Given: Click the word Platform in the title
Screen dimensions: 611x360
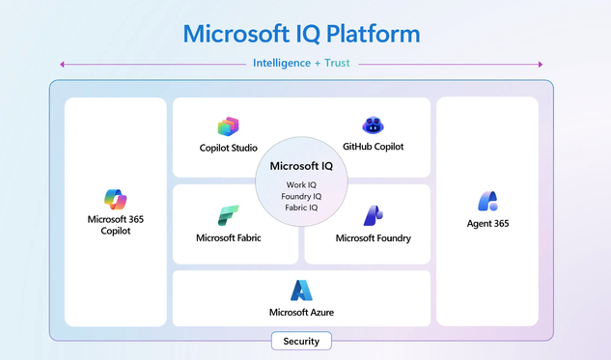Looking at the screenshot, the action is (373, 34).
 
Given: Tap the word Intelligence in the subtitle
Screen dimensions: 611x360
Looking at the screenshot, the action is (282, 63).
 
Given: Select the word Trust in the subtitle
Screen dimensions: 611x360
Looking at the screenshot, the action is (337, 63).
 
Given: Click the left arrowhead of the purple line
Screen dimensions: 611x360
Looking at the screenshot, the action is (62, 65).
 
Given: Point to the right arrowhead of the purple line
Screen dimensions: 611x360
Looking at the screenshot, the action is (541, 65).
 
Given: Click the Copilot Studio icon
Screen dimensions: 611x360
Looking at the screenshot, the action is (229, 126).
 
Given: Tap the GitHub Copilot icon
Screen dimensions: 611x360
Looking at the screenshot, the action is (373, 125).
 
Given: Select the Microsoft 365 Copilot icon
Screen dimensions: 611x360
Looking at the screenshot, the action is (115, 200).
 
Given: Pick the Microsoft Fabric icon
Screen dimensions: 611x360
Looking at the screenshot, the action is (229, 215).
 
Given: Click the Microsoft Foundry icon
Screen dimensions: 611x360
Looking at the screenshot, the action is (374, 215).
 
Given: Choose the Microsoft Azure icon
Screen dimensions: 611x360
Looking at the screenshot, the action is (301, 291).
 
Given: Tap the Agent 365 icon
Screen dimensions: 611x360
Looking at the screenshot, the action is (487, 201).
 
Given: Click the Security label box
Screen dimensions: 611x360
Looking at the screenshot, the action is (301, 341).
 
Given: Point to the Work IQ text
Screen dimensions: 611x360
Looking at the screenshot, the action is (301, 184).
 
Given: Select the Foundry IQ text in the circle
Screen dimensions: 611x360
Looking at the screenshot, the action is (301, 196).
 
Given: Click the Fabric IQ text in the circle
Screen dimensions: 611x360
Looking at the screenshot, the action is (301, 208).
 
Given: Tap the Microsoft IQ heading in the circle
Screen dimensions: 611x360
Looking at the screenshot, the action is (301, 166).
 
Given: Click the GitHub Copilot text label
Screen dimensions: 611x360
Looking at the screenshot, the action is (373, 147).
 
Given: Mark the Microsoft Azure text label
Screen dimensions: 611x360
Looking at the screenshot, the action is (301, 312).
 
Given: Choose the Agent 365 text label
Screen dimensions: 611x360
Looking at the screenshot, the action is (487, 223).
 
